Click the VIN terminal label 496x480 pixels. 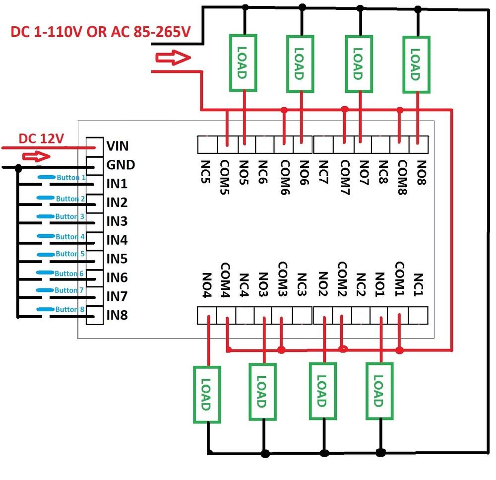coord(118,146)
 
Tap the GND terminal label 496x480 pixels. coord(121,165)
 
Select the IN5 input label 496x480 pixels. coord(117,259)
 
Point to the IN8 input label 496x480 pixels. coord(117,315)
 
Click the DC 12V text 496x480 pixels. coord(42,139)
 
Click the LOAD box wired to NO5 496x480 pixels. coord(243,63)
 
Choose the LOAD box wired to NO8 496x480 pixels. coord(416,64)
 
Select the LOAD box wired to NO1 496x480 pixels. coord(379,392)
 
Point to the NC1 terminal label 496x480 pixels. coord(418,284)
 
